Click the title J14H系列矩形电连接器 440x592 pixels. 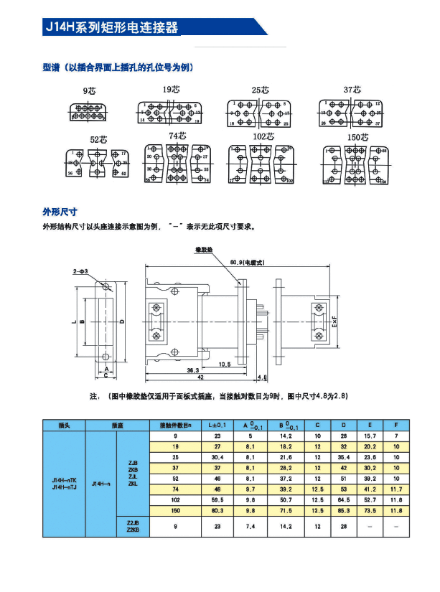(111, 28)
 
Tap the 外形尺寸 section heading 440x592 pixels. (60, 212)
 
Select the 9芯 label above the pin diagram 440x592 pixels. (90, 91)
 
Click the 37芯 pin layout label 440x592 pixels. (352, 90)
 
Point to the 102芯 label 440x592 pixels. (264, 136)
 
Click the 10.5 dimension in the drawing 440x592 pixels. (224, 364)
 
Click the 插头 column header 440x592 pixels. (65, 426)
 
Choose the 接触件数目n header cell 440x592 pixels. (175, 426)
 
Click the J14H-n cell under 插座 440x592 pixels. (101, 485)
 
